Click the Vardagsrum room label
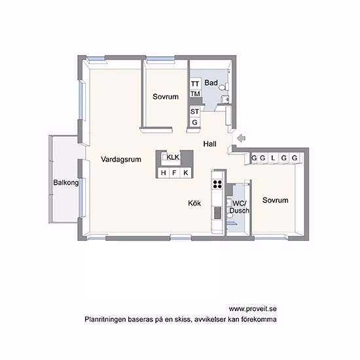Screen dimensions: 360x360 [x=121, y=159]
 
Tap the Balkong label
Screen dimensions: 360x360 [x=66, y=183]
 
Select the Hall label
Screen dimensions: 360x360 [x=209, y=144]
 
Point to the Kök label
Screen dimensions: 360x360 [x=194, y=203]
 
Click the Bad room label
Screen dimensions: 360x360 [x=211, y=82]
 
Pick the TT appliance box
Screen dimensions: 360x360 [x=195, y=84]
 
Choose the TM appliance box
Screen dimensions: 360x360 [x=195, y=94]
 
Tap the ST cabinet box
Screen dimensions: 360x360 [x=194, y=111]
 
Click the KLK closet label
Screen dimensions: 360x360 [x=173, y=157]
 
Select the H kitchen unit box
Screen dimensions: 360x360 [x=164, y=173]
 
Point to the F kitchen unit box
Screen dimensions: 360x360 [x=175, y=173]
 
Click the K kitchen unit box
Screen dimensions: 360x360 [x=186, y=173]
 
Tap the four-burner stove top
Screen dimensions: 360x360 [x=218, y=184]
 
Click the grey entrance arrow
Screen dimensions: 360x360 [x=242, y=138]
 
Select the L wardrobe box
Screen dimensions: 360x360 [x=273, y=158]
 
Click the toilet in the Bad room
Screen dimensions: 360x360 [x=223, y=87]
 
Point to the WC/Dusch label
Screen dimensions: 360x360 [x=240, y=207]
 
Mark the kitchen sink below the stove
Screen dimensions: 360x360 [x=218, y=213]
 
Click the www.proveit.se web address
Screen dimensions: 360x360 [x=253, y=309]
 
